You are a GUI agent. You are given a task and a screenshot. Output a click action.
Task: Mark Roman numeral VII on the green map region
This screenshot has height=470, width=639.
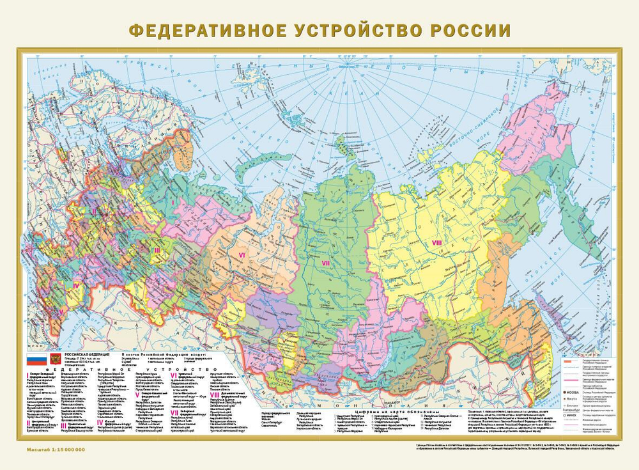click(325, 263)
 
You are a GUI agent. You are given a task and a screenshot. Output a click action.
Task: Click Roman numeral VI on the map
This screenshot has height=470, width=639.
click(242, 255)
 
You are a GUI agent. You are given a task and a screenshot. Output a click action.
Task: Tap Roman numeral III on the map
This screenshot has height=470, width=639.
click(155, 250)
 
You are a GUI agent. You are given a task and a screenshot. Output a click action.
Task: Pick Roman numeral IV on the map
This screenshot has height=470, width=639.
click(75, 285)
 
